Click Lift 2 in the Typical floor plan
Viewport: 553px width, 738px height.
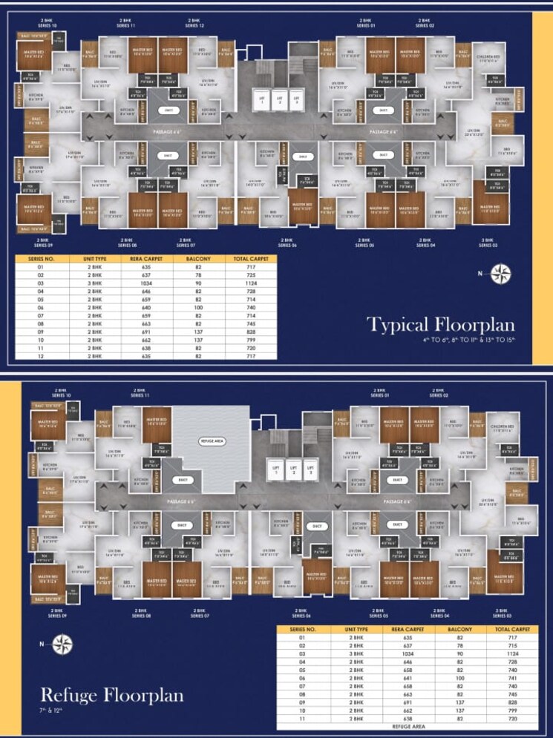[280, 100]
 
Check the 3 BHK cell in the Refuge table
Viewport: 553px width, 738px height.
[353, 654]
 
